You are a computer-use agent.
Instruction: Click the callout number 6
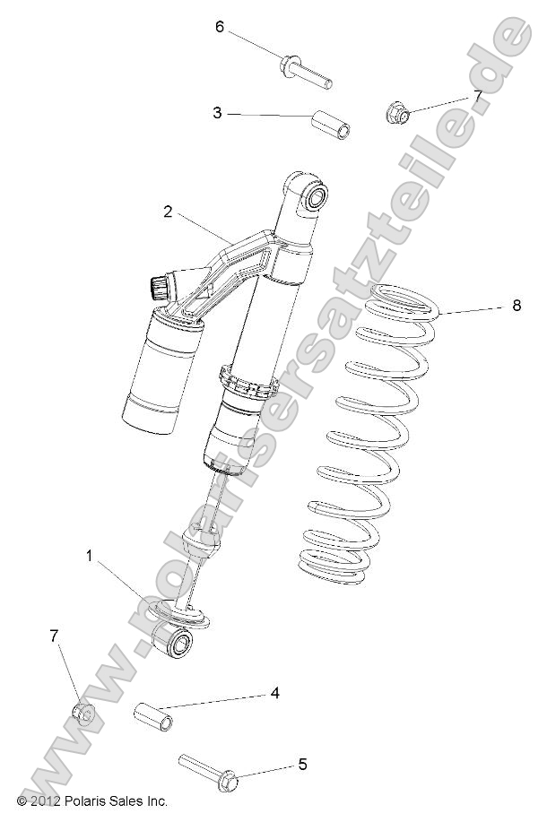pyautogui.click(x=220, y=27)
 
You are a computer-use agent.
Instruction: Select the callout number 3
pyautogui.click(x=217, y=113)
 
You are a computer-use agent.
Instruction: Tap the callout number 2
pyautogui.click(x=168, y=212)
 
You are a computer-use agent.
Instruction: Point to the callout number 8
pyautogui.click(x=516, y=306)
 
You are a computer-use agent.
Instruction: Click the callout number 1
pyautogui.click(x=90, y=557)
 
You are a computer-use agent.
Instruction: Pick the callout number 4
pyautogui.click(x=274, y=693)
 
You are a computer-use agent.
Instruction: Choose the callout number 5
pyautogui.click(x=302, y=765)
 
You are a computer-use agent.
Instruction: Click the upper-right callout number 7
pyautogui.click(x=478, y=95)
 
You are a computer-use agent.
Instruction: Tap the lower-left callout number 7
pyautogui.click(x=55, y=636)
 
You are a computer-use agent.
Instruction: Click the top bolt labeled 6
pyautogui.click(x=306, y=72)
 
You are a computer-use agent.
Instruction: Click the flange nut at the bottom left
pyautogui.click(x=81, y=714)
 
